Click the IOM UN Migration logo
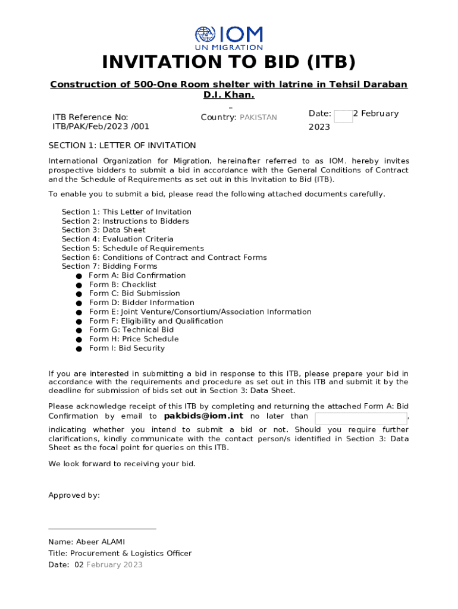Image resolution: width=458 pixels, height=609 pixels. pos(229,37)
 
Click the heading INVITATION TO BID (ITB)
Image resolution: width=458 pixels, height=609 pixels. pos(229,62)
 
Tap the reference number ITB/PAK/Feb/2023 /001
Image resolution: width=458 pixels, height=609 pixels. pos(101,126)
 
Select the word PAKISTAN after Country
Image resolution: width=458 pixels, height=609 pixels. pos(258,118)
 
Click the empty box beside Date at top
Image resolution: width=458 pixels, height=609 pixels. pos(343,116)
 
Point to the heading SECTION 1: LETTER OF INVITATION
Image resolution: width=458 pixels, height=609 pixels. pos(122,146)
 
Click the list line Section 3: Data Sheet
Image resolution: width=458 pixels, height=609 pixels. pos(103,230)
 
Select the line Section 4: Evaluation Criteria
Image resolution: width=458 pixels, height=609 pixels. pos(118,239)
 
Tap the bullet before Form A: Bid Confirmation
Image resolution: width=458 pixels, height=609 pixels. pos(79,276)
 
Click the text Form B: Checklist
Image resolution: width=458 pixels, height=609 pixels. pos(123,285)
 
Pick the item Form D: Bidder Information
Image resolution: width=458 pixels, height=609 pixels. pos(142,303)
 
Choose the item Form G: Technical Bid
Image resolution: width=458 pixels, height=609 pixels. pos(131,330)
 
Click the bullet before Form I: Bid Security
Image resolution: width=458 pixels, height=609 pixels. pos(79,349)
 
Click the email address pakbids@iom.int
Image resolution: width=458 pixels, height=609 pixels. pos(203,416)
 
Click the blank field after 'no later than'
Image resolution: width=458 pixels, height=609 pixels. pos(360,418)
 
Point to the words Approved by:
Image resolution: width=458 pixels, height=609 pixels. pos(74,495)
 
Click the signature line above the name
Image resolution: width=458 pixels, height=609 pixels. pos(102,528)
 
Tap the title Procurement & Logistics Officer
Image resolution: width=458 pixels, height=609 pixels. pos(131,554)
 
